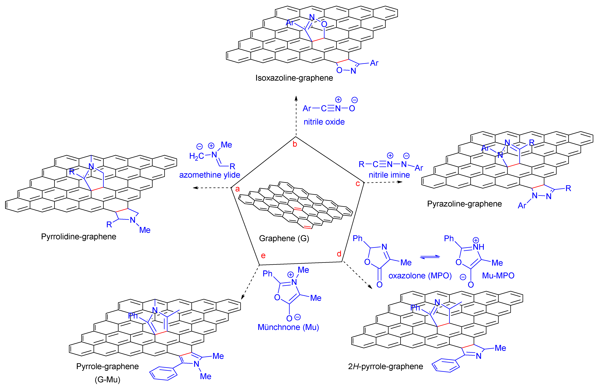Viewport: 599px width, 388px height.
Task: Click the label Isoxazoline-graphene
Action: coord(294,78)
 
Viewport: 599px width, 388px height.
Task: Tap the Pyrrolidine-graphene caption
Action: coord(79,237)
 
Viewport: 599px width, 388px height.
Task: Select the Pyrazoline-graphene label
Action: coord(464,204)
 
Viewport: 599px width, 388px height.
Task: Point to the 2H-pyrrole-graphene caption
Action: coord(385,366)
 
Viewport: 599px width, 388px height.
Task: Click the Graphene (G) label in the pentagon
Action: coord(284,238)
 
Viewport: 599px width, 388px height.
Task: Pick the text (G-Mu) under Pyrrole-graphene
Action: coord(107,379)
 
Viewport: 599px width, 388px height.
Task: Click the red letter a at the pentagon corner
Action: coord(237,189)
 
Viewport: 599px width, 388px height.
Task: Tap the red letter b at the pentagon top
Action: coord(295,144)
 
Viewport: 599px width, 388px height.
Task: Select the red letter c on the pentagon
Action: coord(357,184)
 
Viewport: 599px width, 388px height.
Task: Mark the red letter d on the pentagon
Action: coord(339,254)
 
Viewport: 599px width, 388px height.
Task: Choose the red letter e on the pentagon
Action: coord(263,256)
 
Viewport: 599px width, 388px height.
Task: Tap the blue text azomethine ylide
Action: coord(209,175)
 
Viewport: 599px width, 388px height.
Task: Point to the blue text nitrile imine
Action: coord(389,175)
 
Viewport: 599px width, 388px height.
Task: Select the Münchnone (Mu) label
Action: coord(288,327)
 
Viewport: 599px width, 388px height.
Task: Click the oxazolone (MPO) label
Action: coord(420,276)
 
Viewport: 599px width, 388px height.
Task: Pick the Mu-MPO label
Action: coord(498,276)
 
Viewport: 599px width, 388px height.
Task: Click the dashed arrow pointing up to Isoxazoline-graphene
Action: coord(296,116)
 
